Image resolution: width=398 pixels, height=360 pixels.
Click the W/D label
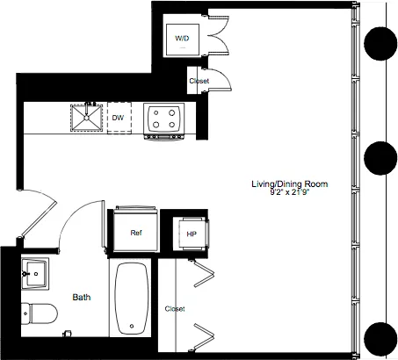click(x=182, y=39)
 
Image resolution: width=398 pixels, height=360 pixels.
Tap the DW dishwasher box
click(x=118, y=117)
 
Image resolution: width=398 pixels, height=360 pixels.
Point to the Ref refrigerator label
click(x=136, y=234)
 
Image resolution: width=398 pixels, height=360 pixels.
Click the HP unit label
click(x=191, y=234)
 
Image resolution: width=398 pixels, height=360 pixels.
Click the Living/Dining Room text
click(x=290, y=184)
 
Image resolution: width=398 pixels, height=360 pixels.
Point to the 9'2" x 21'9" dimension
click(x=290, y=192)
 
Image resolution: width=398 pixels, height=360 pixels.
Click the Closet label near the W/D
click(x=199, y=82)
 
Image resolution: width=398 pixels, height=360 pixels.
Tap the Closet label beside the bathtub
click(x=175, y=309)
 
